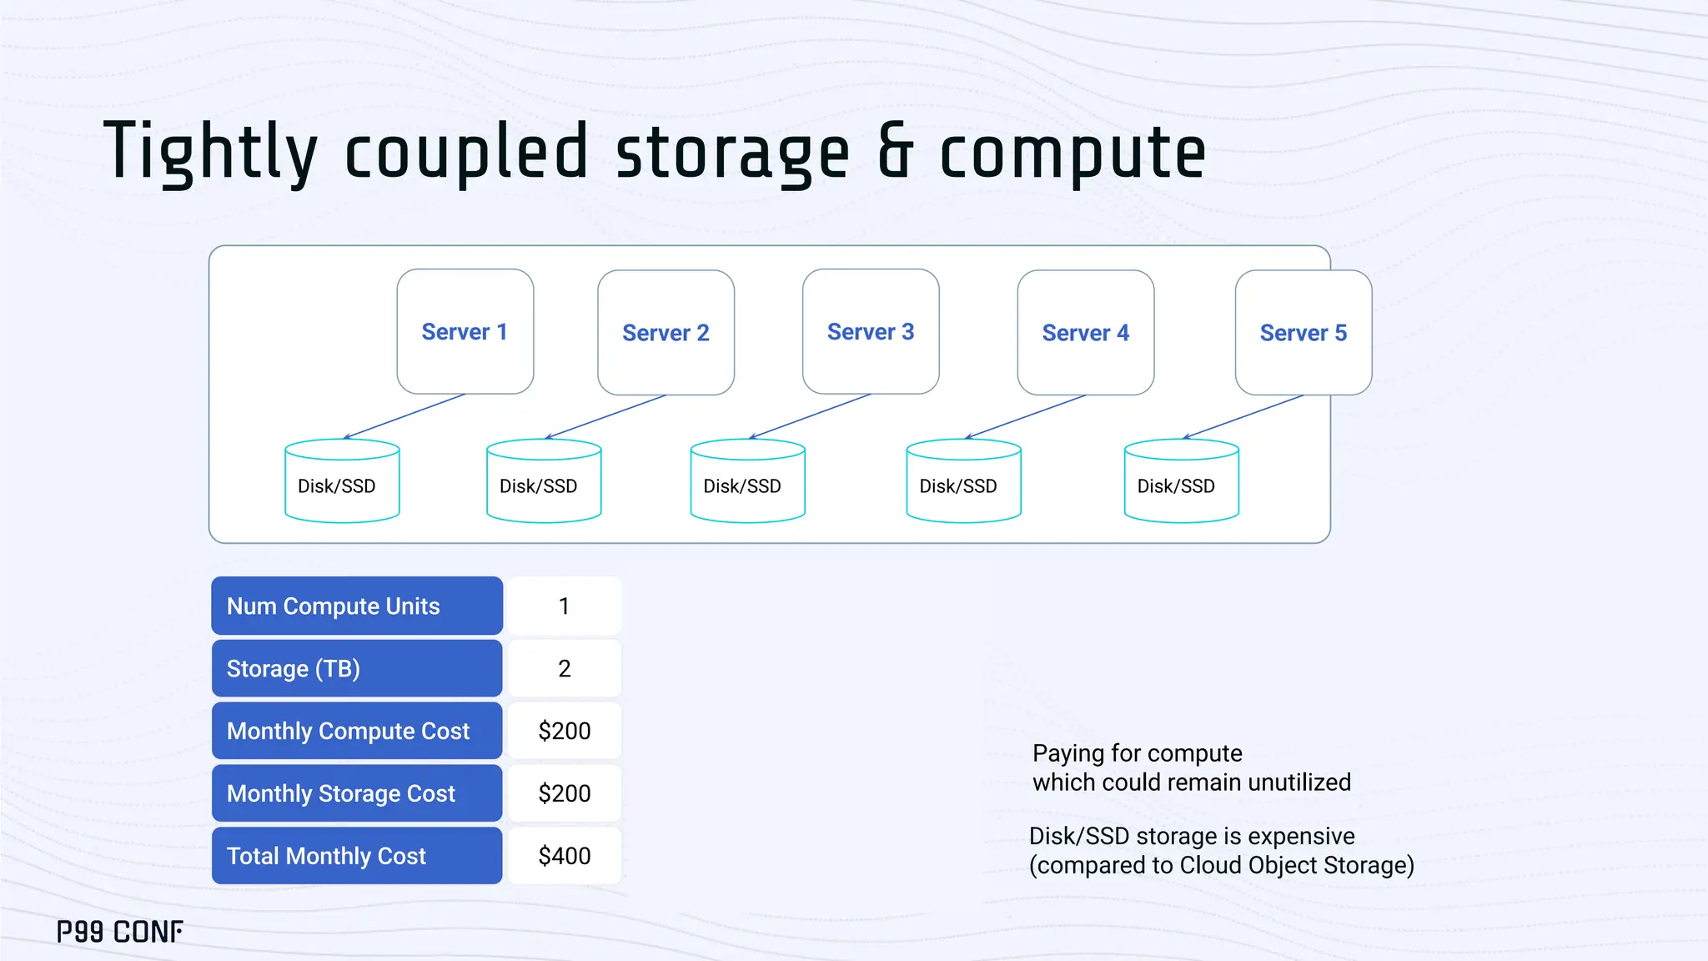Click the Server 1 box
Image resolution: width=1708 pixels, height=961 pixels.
pyautogui.click(x=465, y=331)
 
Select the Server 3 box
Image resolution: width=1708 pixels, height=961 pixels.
pyautogui.click(x=870, y=331)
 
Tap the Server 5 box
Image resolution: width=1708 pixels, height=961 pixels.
pyautogui.click(x=1303, y=332)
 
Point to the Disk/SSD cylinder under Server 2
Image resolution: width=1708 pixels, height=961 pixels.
pyautogui.click(x=543, y=482)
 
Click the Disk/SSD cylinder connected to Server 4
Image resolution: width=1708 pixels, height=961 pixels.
pyautogui.click(x=963, y=482)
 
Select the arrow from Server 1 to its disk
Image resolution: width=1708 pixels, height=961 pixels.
pyautogui.click(x=404, y=416)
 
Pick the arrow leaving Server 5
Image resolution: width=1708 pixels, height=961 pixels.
pyautogui.click(x=1243, y=416)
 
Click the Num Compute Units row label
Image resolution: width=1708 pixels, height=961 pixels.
pyautogui.click(x=356, y=606)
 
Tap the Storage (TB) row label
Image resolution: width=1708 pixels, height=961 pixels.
pyautogui.click(x=356, y=668)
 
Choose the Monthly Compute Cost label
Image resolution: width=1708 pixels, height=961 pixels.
pyautogui.click(x=356, y=731)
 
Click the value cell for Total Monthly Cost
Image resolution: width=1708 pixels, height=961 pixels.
pyautogui.click(x=565, y=856)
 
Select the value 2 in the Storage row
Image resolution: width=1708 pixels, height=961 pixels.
pyautogui.click(x=565, y=668)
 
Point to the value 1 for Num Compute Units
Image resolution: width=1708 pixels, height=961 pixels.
pyautogui.click(x=565, y=606)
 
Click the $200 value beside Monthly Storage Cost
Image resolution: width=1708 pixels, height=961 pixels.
pyautogui.click(x=565, y=793)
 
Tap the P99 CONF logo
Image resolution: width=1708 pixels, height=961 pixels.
pyautogui.click(x=119, y=932)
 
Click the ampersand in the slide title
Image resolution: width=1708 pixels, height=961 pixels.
pyautogui.click(x=895, y=153)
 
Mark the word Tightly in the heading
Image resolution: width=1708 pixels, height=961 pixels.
pyautogui.click(x=210, y=153)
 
